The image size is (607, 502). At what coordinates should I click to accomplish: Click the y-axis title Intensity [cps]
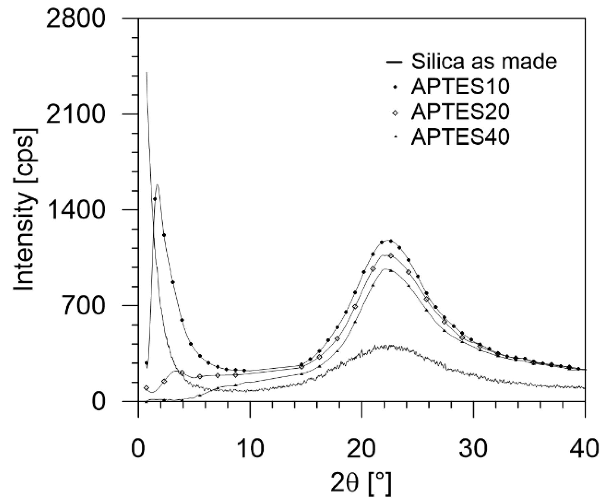coord(24,209)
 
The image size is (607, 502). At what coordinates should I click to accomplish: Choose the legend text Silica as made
coord(484,62)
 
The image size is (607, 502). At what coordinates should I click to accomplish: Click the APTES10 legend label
coord(460,87)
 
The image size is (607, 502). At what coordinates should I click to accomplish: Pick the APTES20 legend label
coord(460,112)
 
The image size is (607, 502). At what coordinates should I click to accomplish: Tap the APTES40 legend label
coord(460,138)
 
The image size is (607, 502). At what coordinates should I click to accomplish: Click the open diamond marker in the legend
coord(395,113)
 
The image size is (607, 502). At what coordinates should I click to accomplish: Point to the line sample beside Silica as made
coord(394,62)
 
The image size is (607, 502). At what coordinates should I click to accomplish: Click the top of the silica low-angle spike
coord(146,72)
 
